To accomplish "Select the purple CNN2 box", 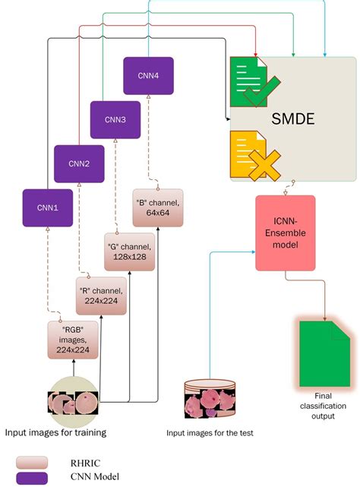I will point(78,163).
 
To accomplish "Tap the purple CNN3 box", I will point(115,119).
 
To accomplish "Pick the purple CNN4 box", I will point(148,76).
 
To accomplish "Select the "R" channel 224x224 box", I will point(101,296).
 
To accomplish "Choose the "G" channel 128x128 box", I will point(129,252).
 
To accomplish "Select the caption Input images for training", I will point(55,432).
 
